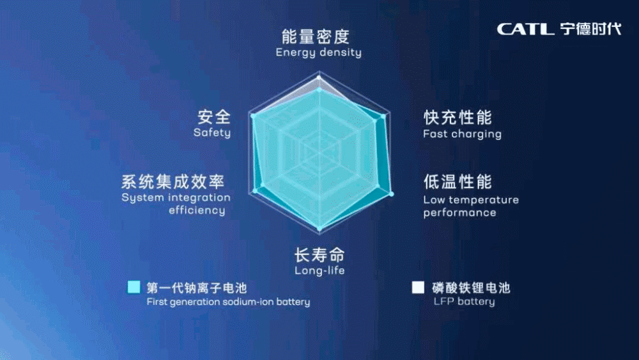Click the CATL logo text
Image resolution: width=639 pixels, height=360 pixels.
pos(525,29)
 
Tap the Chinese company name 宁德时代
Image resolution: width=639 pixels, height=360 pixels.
pos(590,29)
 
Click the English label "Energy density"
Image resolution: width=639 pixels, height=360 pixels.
pos(318,52)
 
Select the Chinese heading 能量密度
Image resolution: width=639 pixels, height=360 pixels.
pos(316,36)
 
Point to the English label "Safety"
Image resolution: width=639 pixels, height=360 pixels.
pos(212,132)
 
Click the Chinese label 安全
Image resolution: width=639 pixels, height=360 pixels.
pos(214,117)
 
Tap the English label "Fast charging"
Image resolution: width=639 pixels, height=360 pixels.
pos(462,134)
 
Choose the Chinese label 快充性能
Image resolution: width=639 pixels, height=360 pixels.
pos(458,118)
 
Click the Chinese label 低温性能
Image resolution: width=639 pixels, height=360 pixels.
pos(458,182)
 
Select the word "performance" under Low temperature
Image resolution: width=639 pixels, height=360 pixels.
pos(459,212)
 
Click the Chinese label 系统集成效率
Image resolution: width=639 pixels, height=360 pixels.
pos(173,182)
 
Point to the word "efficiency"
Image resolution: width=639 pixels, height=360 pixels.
pos(197,210)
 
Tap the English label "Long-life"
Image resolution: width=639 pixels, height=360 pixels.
pos(319,270)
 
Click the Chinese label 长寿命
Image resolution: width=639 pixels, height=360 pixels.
pos(319,256)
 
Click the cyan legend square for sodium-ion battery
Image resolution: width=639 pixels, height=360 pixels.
pos(134,287)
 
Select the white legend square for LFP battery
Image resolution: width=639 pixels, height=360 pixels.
pos(418,287)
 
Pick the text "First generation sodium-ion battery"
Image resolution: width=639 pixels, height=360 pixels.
pos(228,302)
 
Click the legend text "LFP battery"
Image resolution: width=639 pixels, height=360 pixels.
pos(464,301)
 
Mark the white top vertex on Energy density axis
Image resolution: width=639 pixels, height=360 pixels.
pos(319,77)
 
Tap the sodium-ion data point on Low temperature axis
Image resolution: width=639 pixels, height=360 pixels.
pos(392,194)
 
